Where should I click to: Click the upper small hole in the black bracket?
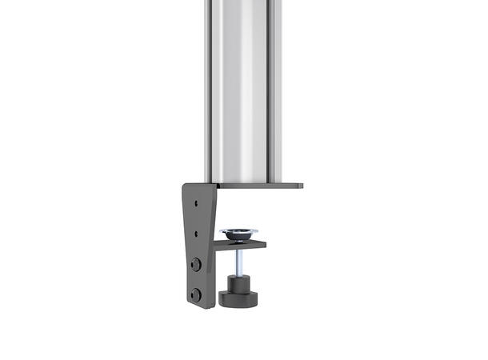tap(196, 202)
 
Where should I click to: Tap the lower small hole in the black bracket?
tap(196, 233)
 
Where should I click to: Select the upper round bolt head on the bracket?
tap(196, 264)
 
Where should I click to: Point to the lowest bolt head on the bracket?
tap(196, 294)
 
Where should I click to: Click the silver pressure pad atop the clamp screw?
tap(239, 234)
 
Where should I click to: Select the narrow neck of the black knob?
tap(237, 282)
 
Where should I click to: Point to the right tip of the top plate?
tap(301, 186)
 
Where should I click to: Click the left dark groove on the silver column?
tap(209, 88)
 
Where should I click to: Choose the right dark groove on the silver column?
tap(270, 88)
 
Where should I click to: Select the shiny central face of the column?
tap(240, 88)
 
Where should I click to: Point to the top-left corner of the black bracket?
tap(185, 186)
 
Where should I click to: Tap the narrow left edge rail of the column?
tap(205, 88)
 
